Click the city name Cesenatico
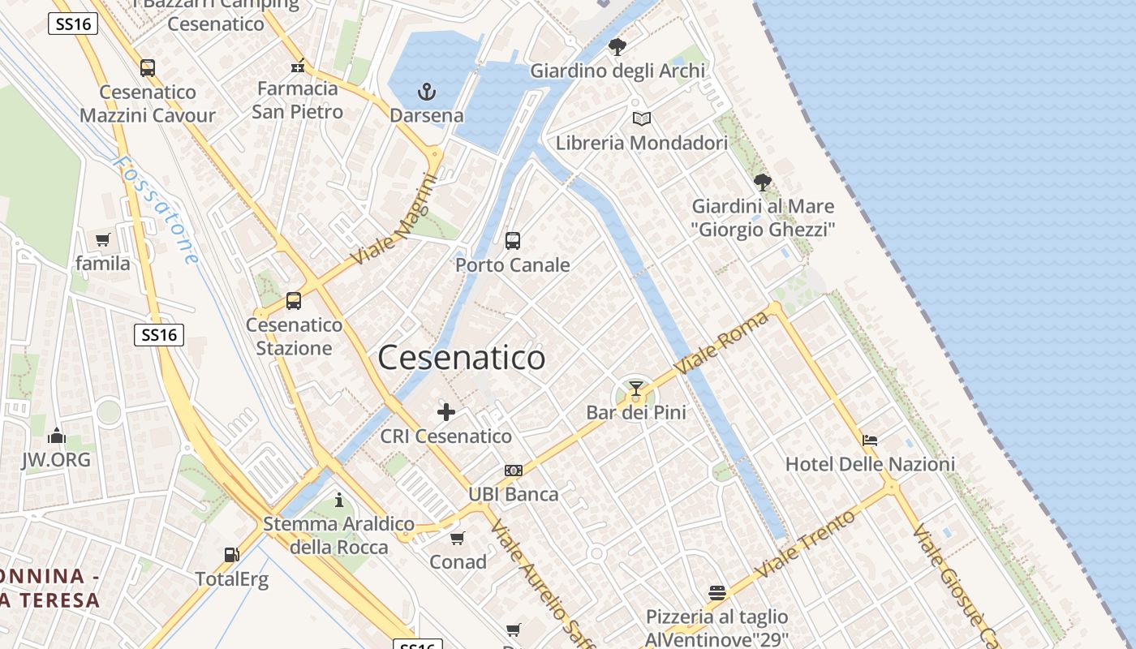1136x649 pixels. pyautogui.click(x=461, y=358)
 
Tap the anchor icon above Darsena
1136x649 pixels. pyautogui.click(x=427, y=91)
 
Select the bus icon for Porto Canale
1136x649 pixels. pyautogui.click(x=513, y=240)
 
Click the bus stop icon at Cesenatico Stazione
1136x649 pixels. pyautogui.click(x=294, y=301)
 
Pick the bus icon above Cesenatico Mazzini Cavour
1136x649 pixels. pyautogui.click(x=148, y=68)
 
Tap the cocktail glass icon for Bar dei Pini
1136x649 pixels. pyautogui.click(x=636, y=389)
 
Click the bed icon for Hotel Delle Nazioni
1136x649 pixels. pyautogui.click(x=870, y=441)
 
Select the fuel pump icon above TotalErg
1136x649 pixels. pyautogui.click(x=232, y=555)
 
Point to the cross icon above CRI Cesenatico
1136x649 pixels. pyautogui.click(x=446, y=412)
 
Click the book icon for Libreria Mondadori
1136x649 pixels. pyautogui.click(x=642, y=119)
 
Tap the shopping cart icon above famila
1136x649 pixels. pyautogui.click(x=102, y=239)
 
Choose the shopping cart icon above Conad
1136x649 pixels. pyautogui.click(x=458, y=538)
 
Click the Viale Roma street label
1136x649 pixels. pyautogui.click(x=721, y=343)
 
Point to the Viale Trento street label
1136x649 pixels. pyautogui.click(x=805, y=544)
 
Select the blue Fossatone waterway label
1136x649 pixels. pyautogui.click(x=156, y=209)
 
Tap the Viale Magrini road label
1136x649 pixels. pyautogui.click(x=395, y=221)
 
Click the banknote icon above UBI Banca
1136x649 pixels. pyautogui.click(x=514, y=470)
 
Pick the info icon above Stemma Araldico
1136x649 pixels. pyautogui.click(x=339, y=500)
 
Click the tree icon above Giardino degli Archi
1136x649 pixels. pyautogui.click(x=617, y=47)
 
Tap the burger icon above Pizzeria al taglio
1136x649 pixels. pyautogui.click(x=716, y=593)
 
